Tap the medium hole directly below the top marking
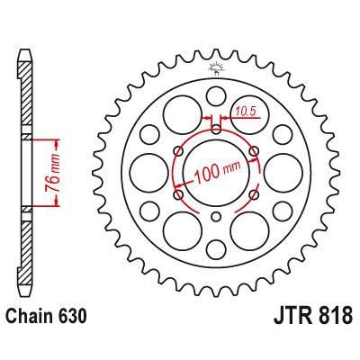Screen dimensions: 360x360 217,95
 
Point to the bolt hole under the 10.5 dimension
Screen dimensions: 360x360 217,128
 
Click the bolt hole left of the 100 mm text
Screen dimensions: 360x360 179,193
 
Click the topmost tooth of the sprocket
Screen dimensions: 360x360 217,53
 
